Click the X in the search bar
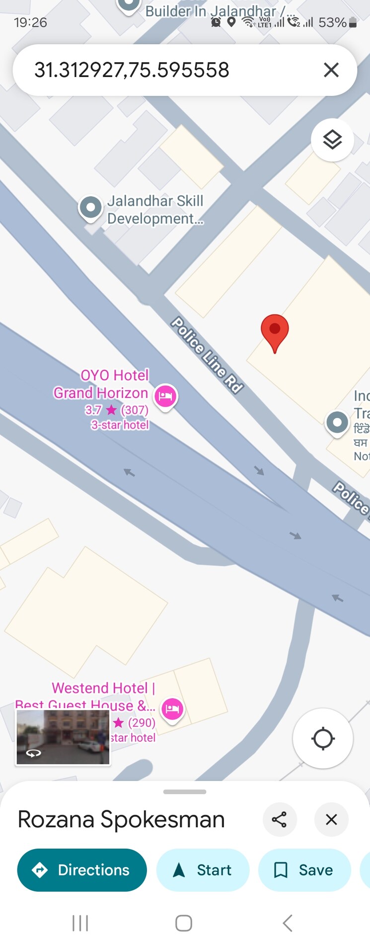(331, 70)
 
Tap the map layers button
(332, 140)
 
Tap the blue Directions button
(82, 870)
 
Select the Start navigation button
(203, 870)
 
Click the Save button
(304, 870)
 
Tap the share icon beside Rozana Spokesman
(279, 819)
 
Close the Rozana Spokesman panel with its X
(331, 819)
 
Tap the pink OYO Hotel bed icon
(166, 396)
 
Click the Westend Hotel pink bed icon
(172, 708)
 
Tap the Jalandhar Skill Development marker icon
(91, 206)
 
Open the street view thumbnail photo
(63, 737)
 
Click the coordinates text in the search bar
(132, 70)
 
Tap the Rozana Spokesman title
(121, 819)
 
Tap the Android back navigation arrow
(287, 923)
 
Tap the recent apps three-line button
(80, 923)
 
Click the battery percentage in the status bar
(332, 22)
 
